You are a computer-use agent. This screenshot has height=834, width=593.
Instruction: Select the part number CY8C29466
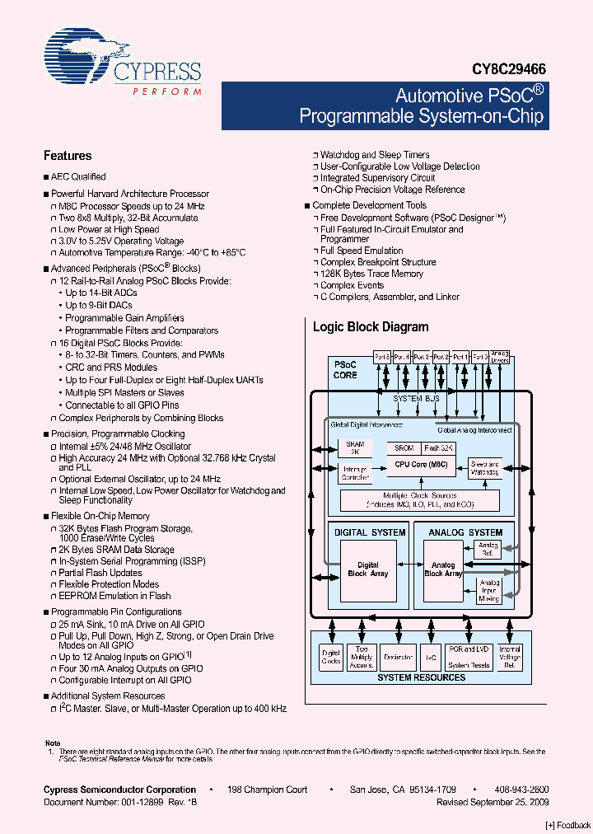click(509, 71)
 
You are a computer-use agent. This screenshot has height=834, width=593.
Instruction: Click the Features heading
click(68, 156)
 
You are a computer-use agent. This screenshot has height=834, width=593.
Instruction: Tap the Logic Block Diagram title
click(371, 327)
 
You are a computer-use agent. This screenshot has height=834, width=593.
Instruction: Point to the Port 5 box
click(382, 356)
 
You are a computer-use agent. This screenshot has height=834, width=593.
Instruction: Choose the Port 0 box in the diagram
click(480, 356)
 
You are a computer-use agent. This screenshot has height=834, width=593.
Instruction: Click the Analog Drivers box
click(500, 356)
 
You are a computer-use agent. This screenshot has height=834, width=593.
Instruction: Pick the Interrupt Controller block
click(355, 472)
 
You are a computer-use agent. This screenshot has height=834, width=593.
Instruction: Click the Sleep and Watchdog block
click(484, 468)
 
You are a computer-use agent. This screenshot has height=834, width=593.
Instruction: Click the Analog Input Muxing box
click(488, 590)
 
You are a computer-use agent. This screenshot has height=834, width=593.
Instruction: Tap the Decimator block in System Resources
click(399, 658)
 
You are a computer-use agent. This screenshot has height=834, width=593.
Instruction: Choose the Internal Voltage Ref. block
click(510, 657)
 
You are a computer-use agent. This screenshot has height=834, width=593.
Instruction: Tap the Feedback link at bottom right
click(568, 825)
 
